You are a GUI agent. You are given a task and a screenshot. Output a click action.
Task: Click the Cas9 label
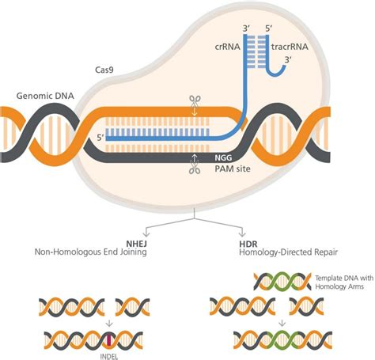(104, 70)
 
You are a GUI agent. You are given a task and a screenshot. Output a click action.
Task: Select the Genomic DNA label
(45, 96)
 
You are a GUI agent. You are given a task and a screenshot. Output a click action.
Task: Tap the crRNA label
(227, 47)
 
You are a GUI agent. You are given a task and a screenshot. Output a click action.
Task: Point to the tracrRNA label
(290, 47)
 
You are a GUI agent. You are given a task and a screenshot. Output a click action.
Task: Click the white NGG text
(223, 157)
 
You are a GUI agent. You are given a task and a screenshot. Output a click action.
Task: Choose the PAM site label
(233, 169)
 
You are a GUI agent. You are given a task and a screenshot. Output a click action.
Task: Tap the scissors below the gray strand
(195, 168)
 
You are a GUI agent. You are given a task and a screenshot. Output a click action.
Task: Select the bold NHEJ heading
(136, 244)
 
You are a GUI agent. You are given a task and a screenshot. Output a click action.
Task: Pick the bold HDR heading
(248, 244)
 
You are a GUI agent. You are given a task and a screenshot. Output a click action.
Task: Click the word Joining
(133, 252)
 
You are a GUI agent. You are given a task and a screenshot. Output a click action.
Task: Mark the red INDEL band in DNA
(108, 340)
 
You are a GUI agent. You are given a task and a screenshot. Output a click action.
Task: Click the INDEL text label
(108, 357)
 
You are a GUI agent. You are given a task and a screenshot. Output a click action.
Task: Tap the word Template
(326, 278)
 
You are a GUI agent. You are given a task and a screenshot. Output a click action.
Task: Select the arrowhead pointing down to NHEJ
(146, 233)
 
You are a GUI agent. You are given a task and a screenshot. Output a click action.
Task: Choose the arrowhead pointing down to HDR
(242, 233)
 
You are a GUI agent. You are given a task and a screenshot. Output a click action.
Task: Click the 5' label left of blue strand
(101, 138)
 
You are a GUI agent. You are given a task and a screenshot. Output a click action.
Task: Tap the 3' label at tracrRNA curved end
(287, 59)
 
